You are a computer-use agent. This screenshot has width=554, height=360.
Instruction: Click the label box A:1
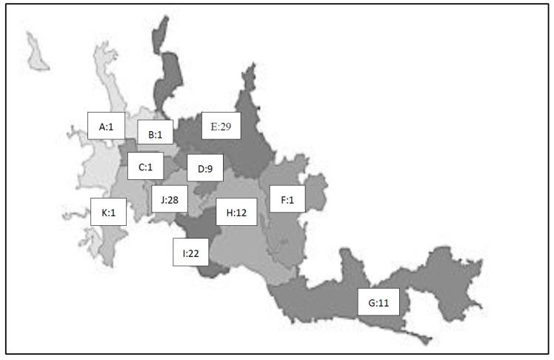click(x=105, y=127)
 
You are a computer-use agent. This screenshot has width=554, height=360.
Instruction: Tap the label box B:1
click(x=156, y=135)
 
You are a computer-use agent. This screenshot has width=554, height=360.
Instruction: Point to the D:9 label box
click(x=204, y=169)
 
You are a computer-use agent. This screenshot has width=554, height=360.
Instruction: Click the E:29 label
click(x=221, y=127)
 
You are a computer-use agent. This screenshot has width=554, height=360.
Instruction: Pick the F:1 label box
click(x=287, y=199)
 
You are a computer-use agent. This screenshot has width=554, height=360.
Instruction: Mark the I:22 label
click(x=190, y=253)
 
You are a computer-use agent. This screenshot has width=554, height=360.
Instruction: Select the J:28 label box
click(x=169, y=199)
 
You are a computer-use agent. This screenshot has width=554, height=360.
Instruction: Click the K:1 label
click(x=108, y=213)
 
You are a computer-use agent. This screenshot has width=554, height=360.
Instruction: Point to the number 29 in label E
click(x=226, y=127)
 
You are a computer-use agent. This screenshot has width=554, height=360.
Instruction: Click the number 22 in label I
click(x=194, y=253)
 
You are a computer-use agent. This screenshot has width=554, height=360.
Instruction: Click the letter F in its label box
click(x=281, y=199)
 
